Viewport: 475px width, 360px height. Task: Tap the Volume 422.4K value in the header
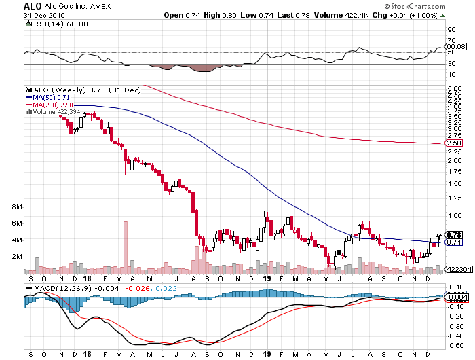point(351,15)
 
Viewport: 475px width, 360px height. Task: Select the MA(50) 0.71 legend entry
point(50,97)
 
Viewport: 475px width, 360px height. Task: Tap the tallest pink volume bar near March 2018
point(125,247)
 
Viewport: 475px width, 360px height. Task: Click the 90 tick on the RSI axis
point(450,30)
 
